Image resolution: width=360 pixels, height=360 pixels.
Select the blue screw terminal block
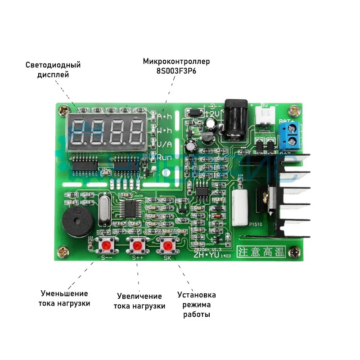pyautogui.click(x=290, y=137)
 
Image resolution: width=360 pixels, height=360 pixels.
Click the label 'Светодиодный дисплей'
pyautogui.click(x=53, y=70)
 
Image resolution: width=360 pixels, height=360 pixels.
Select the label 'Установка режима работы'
pyautogui.click(x=197, y=305)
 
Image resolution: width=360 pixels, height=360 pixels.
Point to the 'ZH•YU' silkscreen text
pyautogui.click(x=205, y=255)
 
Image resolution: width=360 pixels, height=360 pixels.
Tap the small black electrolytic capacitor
pyautogui.click(x=191, y=145)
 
